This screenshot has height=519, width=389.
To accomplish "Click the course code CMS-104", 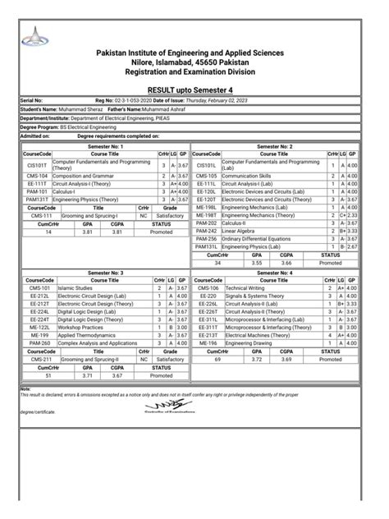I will tap(37, 176).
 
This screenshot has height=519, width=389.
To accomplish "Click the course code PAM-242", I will tap(206, 231).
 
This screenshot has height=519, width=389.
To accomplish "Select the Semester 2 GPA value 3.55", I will tap(255, 263).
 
